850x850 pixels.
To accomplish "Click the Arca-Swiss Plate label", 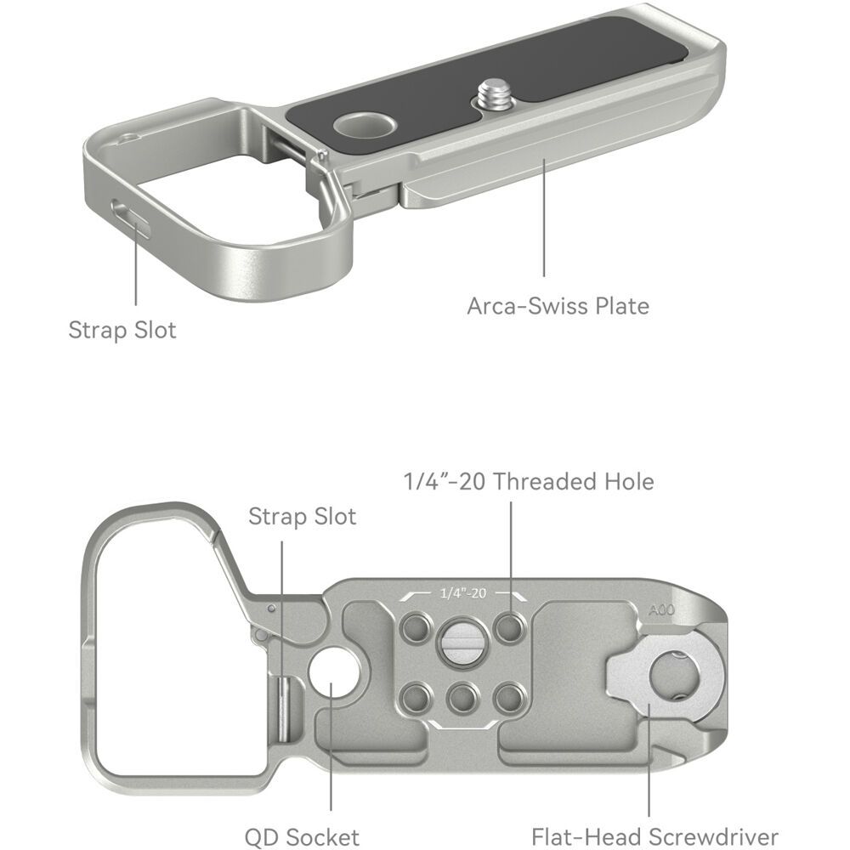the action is point(558,306).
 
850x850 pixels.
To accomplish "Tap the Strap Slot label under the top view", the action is point(122,330).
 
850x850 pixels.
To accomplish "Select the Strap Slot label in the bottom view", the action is point(302,517).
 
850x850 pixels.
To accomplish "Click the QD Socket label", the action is point(302,837).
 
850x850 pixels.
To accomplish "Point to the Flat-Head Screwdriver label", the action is point(654,837).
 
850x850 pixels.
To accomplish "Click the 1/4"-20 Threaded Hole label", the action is point(529,481).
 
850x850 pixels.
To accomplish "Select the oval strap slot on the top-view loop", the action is point(130,218).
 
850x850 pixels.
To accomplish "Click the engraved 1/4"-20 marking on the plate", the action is point(463,593).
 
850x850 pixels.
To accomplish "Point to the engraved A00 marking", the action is point(661,609).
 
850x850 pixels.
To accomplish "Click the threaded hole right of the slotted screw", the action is point(510,628).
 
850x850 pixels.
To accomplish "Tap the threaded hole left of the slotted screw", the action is point(416,628).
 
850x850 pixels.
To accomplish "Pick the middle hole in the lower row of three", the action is point(463,699).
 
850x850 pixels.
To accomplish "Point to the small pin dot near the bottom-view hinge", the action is point(272,609).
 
